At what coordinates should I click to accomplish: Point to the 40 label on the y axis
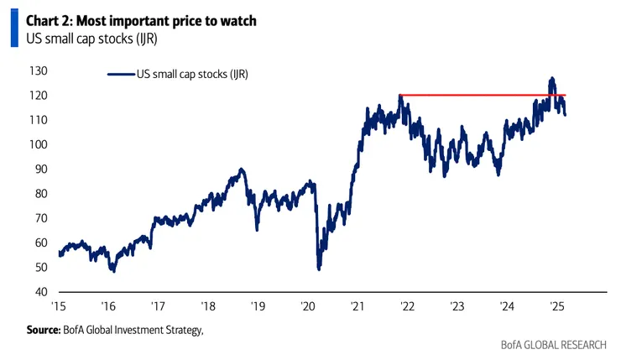[39, 291]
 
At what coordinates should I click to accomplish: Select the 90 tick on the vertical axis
[39, 169]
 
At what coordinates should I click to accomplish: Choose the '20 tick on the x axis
[307, 306]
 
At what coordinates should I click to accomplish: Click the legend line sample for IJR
[121, 75]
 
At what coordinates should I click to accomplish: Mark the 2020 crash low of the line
[319, 268]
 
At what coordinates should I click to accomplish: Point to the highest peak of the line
[551, 79]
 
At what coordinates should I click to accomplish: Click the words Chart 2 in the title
[50, 18]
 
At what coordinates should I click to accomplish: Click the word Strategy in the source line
[183, 330]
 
